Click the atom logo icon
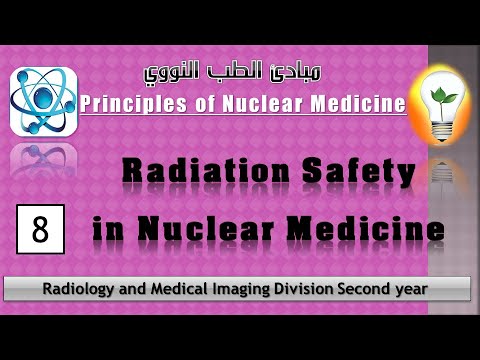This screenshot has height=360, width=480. click(x=44, y=102)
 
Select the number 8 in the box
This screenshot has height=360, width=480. click(x=40, y=229)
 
